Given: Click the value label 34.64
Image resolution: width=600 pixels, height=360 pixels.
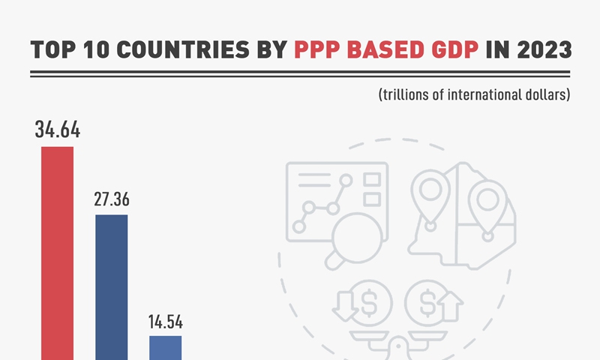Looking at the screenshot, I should [57, 129].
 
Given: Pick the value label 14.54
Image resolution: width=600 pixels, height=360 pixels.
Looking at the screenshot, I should [166, 322].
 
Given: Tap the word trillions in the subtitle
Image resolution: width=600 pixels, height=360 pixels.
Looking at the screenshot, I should [408, 95].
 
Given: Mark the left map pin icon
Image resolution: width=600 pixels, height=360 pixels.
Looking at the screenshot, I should [430, 193].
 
